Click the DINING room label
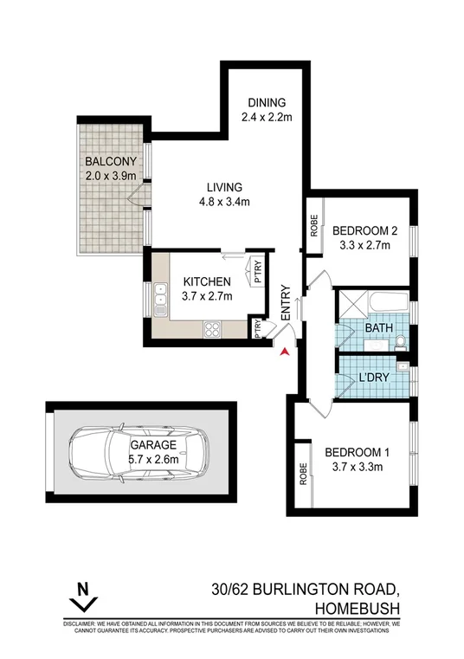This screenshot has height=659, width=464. pyautogui.click(x=261, y=101)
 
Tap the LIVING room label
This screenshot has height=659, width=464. pyautogui.click(x=223, y=187)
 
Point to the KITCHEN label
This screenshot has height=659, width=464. pyautogui.click(x=207, y=281)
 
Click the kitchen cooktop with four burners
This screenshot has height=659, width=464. pyautogui.click(x=212, y=329)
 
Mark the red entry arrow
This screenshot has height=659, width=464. pyautogui.click(x=280, y=349)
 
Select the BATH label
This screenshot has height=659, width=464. pyautogui.click(x=377, y=330)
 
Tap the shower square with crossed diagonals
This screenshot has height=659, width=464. pyautogui.click(x=353, y=305)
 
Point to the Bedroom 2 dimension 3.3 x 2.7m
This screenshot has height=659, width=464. pyautogui.click(x=362, y=245)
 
